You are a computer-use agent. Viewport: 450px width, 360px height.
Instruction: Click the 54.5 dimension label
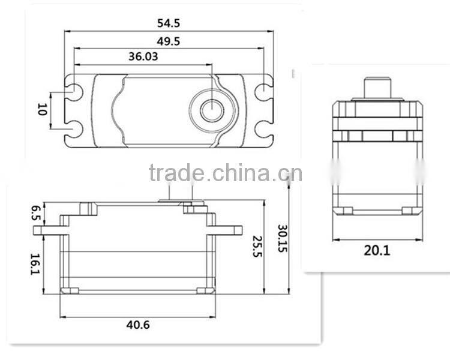pyautogui.click(x=169, y=23)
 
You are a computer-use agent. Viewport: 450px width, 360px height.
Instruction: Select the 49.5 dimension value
pyautogui.click(x=169, y=41)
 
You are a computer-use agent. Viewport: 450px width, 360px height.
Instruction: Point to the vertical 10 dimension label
pyautogui.click(x=41, y=109)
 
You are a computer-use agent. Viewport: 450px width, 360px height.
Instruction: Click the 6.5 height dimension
pyautogui.click(x=35, y=212)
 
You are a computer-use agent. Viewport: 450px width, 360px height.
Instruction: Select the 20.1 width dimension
pyautogui.click(x=376, y=250)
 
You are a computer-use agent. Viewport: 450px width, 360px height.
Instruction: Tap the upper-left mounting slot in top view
pyautogui.click(x=75, y=92)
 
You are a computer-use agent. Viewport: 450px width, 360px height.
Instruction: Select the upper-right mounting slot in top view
pyautogui.click(x=263, y=92)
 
